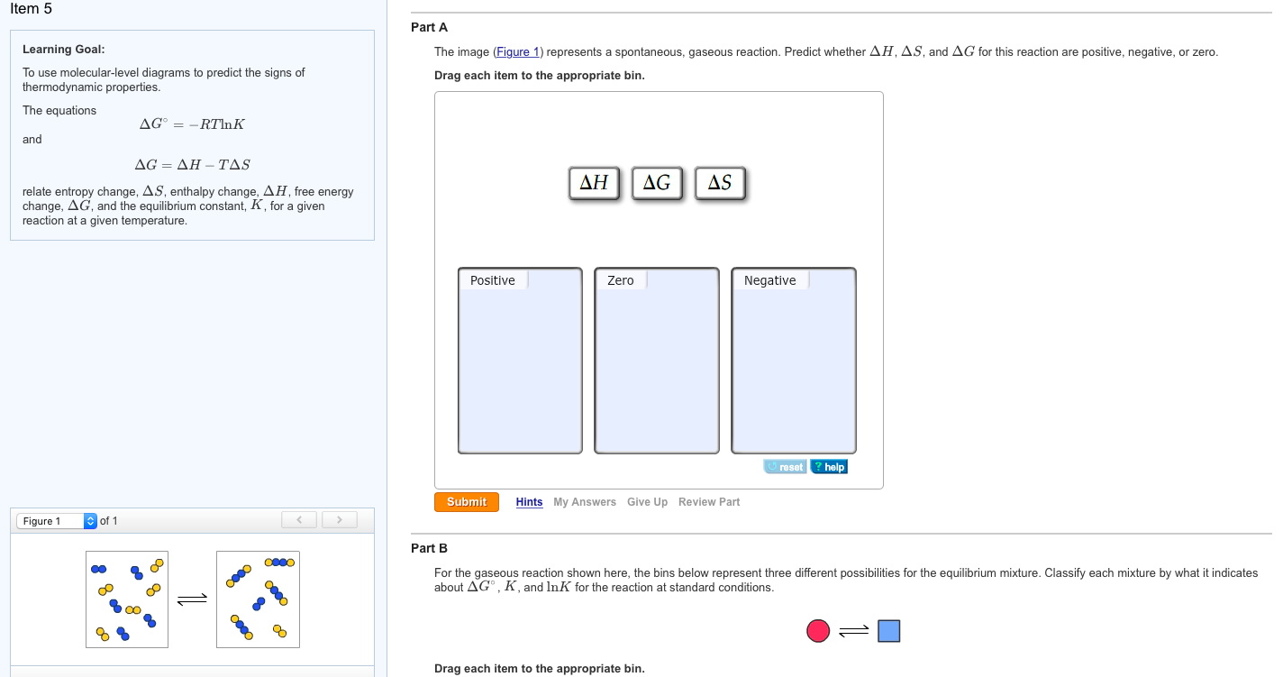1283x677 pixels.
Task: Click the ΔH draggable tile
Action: [594, 183]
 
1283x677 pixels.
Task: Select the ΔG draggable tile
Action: [657, 183]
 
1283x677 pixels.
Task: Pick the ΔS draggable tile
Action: [720, 183]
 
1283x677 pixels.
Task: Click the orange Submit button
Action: [466, 502]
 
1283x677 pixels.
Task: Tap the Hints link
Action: [529, 502]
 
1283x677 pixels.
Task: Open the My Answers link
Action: [584, 502]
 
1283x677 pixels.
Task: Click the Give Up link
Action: [647, 502]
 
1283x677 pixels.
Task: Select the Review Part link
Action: [708, 502]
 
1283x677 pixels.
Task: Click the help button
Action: [829, 467]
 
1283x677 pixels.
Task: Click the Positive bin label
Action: [493, 280]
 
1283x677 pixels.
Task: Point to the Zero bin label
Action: [621, 280]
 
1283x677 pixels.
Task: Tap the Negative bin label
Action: [769, 280]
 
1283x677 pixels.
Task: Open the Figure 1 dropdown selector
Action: [57, 521]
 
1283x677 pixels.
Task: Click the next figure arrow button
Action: [339, 520]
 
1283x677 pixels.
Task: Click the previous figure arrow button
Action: [299, 520]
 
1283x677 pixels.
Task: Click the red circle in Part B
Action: [818, 631]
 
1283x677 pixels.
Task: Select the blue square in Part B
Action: [888, 631]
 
